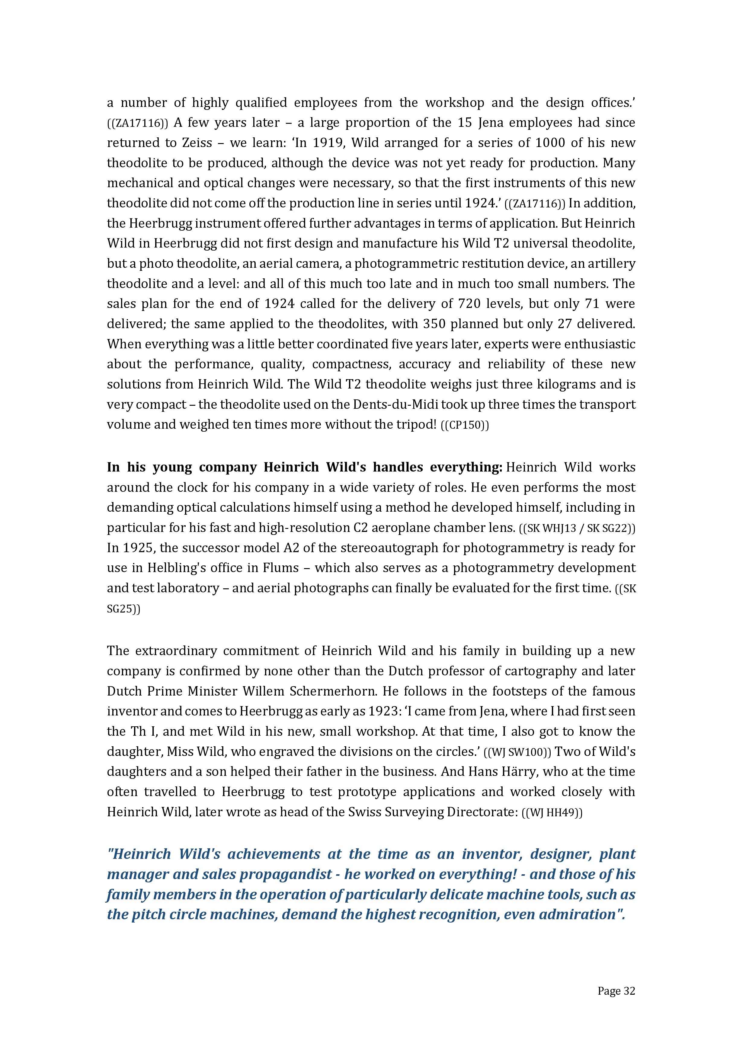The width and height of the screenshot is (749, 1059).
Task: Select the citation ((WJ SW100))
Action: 517,752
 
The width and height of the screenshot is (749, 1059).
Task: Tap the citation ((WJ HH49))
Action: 552,813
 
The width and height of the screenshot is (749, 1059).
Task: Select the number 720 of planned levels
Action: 469,303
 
